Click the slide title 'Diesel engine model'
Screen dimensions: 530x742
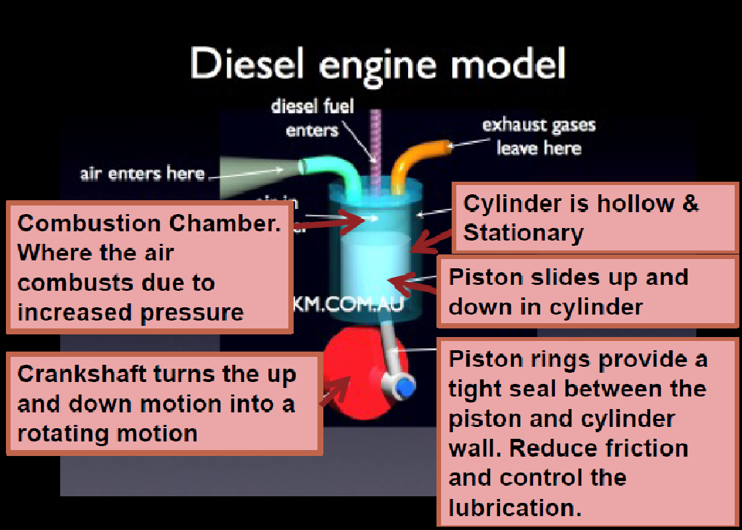point(378,65)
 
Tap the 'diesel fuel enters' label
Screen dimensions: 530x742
point(312,118)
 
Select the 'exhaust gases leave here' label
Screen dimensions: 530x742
point(538,136)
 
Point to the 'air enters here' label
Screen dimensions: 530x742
point(142,174)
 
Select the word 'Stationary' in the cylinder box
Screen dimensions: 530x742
point(523,233)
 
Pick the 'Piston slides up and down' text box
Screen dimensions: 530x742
point(587,291)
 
